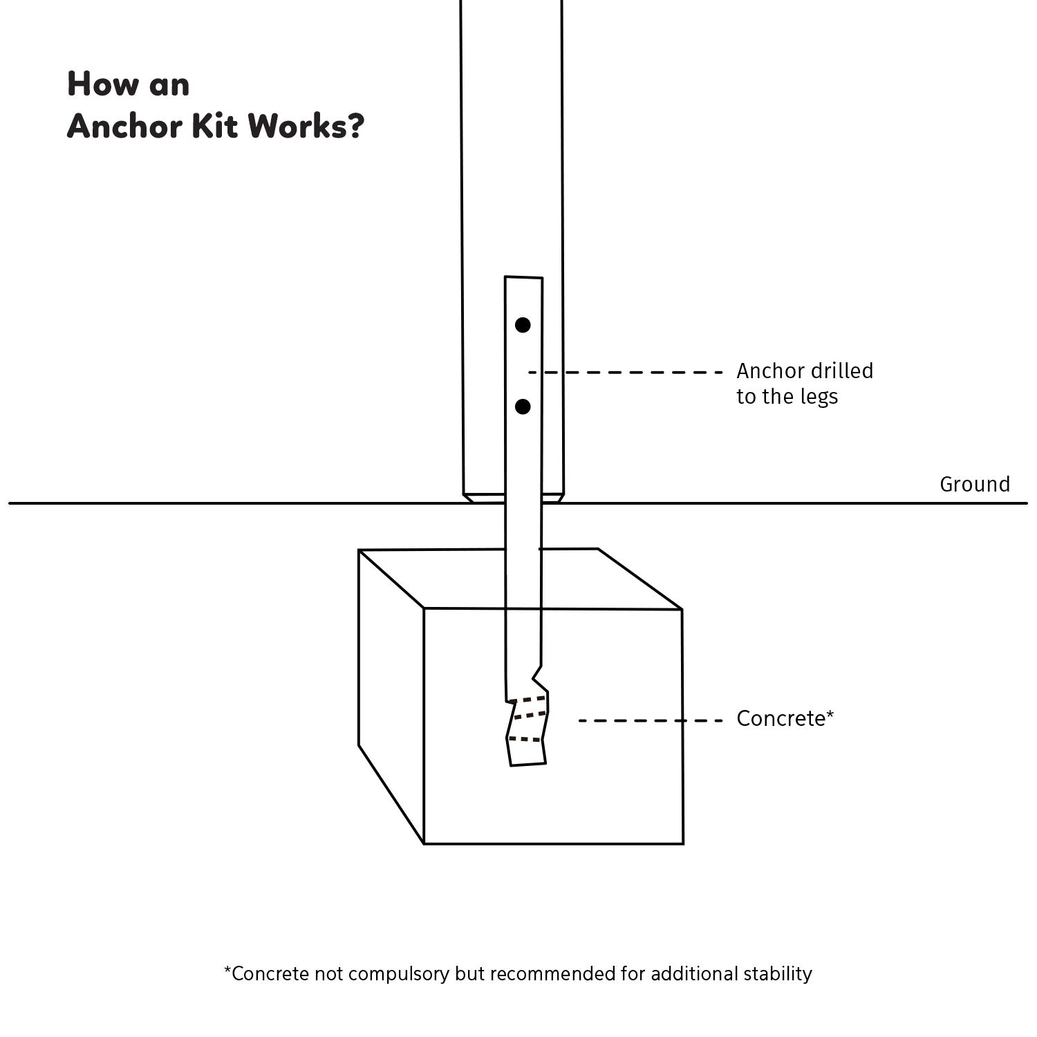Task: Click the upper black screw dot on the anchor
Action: click(523, 325)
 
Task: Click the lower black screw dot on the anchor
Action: click(523, 407)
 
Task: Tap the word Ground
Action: click(975, 485)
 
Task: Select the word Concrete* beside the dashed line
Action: click(785, 719)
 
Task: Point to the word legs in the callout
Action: click(819, 398)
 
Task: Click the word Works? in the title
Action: click(306, 126)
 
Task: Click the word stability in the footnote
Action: click(778, 974)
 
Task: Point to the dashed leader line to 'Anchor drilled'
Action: click(626, 373)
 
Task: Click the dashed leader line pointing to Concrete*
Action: click(650, 721)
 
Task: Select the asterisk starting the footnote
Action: click(227, 971)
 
